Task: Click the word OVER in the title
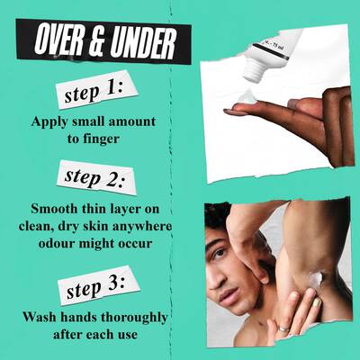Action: click(58, 40)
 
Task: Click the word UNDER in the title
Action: click(143, 44)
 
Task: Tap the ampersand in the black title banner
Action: click(96, 42)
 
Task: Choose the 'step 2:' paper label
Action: click(96, 177)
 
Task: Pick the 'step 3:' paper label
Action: click(99, 285)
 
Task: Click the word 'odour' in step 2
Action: click(56, 243)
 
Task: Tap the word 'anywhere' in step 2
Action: click(142, 227)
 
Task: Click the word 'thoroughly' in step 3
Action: click(134, 318)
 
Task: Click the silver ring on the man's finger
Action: click(283, 328)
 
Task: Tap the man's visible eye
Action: click(220, 252)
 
